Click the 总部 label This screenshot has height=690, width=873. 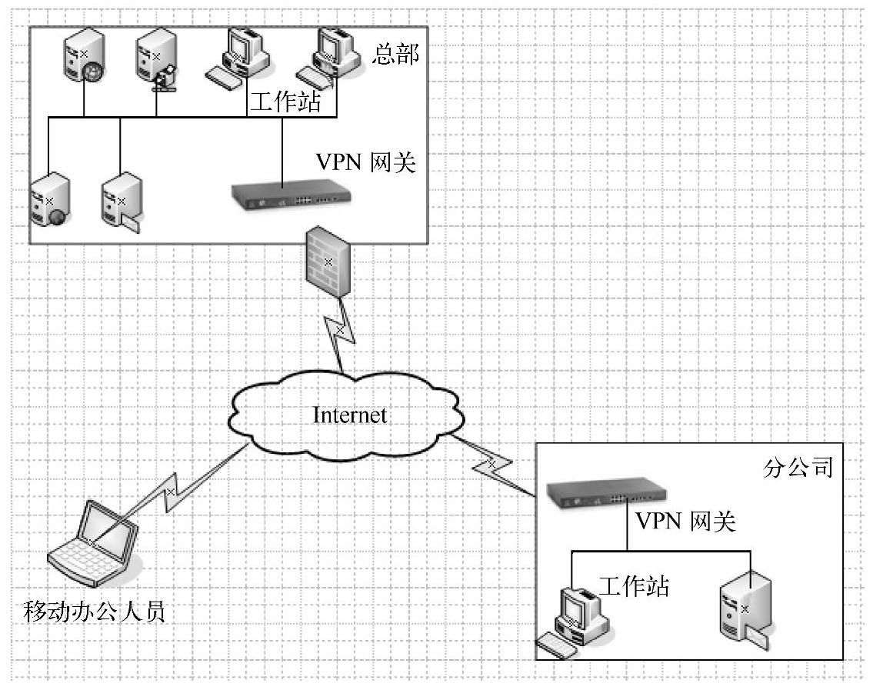click(397, 55)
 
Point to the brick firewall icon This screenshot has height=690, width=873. click(328, 262)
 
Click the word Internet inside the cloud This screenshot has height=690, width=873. click(350, 415)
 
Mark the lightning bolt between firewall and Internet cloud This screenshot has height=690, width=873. click(339, 329)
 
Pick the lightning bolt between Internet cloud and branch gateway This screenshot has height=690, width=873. click(490, 465)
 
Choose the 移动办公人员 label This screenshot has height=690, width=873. click(95, 613)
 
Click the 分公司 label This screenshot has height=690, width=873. click(800, 468)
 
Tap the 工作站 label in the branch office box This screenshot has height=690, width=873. click(634, 586)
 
